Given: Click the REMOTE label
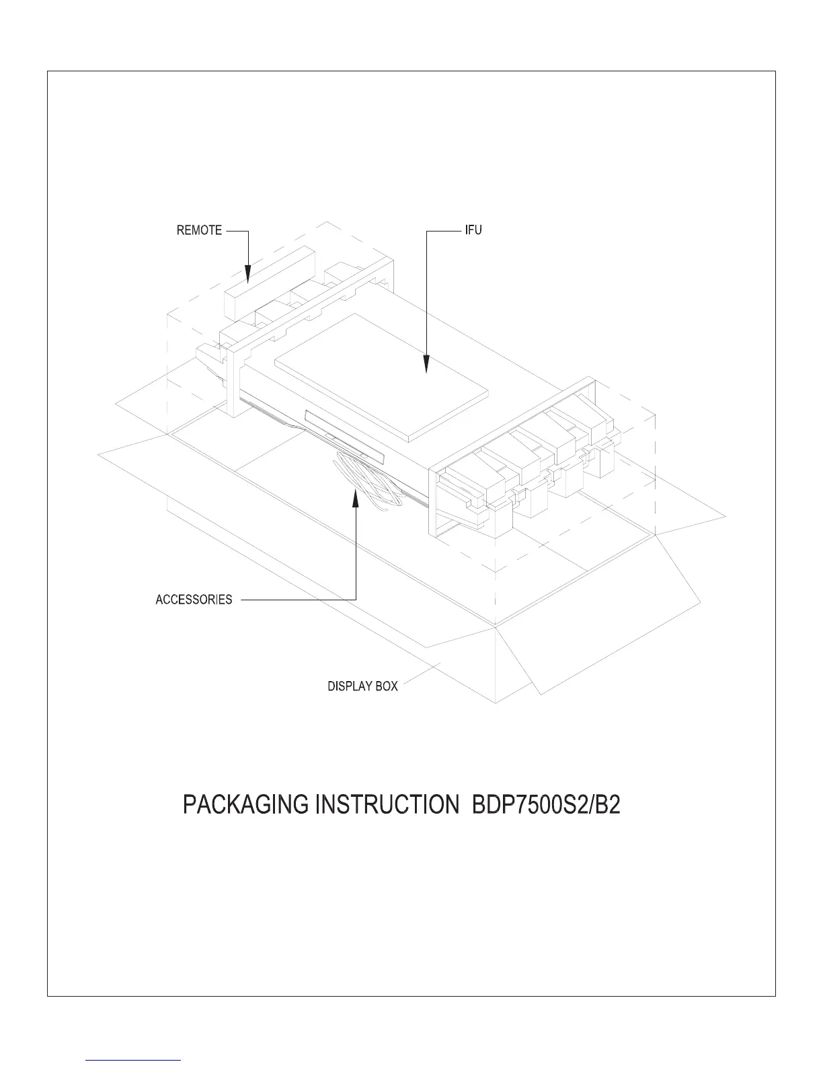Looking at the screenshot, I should [199, 230].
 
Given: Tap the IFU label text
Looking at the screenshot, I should [473, 230].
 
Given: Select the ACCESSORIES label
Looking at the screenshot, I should [194, 599].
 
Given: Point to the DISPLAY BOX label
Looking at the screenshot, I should [362, 686].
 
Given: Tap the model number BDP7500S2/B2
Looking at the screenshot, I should [543, 805].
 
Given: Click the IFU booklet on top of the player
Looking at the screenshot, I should [382, 377].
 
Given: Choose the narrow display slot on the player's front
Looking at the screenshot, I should [344, 436].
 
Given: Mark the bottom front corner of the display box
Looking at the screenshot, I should [496, 702].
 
